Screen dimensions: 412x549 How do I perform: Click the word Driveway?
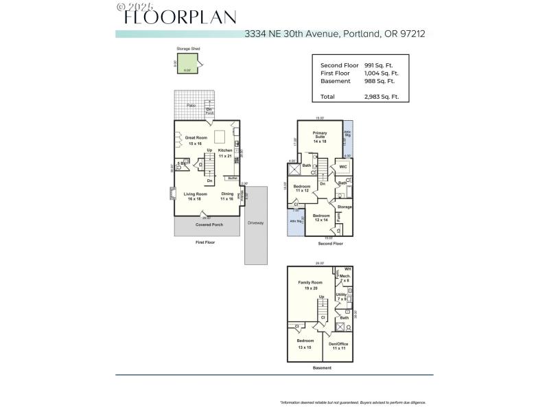click(255, 222)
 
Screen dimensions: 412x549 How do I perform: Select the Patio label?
click(191, 105)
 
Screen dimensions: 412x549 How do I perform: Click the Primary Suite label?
click(319, 135)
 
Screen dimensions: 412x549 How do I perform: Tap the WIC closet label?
click(342, 166)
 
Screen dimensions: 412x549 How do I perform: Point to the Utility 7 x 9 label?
click(341, 297)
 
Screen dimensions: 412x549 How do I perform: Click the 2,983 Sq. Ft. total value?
click(382, 97)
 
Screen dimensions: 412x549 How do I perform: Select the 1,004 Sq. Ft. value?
click(382, 73)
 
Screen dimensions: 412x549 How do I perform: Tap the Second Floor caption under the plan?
click(331, 244)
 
